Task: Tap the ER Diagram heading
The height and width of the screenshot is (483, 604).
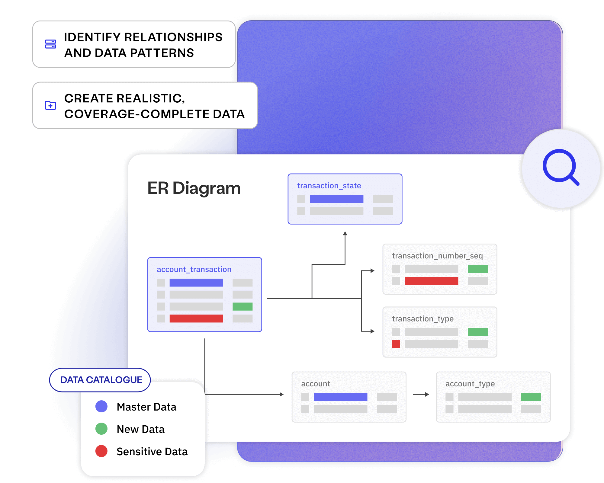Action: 194,188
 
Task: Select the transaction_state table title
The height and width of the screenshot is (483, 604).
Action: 329,186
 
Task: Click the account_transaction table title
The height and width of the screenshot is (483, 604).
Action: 194,269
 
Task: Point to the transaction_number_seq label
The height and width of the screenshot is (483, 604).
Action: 437,256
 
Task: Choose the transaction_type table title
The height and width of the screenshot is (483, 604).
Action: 422,319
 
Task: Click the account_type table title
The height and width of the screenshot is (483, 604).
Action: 470,384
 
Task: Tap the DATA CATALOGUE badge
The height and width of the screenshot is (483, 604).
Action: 101,380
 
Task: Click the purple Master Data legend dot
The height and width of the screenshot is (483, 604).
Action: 101,406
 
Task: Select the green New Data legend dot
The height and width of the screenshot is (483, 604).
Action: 101,429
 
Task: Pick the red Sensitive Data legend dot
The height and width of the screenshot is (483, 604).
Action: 101,451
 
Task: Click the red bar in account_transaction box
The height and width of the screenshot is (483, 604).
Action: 196,318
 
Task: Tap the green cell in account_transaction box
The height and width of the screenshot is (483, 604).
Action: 242,306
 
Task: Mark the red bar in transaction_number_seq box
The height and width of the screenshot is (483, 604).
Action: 431,281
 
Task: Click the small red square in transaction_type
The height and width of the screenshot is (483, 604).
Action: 396,344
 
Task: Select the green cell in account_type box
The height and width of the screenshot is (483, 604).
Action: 531,397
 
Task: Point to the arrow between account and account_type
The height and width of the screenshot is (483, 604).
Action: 421,394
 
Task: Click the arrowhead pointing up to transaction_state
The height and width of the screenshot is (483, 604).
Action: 345,234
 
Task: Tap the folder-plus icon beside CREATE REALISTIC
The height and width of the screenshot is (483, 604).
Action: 50,105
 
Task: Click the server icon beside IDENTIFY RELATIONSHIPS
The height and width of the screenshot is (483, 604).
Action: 50,44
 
